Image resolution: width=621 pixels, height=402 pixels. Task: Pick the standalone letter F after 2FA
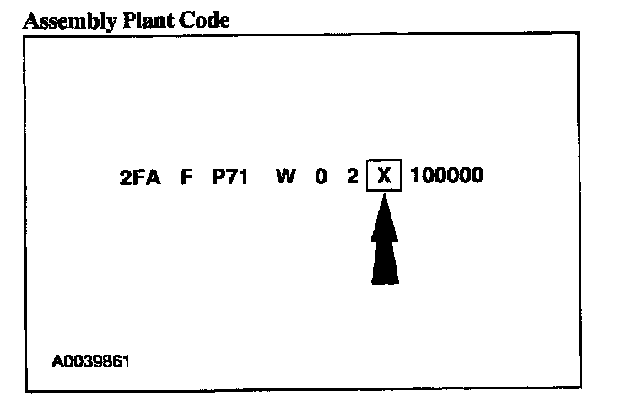(186, 178)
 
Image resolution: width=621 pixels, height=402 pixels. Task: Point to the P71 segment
(229, 178)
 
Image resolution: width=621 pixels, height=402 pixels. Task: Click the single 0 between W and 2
(321, 178)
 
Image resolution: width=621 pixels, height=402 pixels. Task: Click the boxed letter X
(385, 178)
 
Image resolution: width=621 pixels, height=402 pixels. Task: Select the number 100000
(447, 178)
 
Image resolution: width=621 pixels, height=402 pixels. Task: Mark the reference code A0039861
(91, 361)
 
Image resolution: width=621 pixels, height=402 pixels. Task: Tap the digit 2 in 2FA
(126, 178)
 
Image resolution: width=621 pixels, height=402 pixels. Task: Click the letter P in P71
(218, 178)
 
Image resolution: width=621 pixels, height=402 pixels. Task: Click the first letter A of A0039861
(57, 361)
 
